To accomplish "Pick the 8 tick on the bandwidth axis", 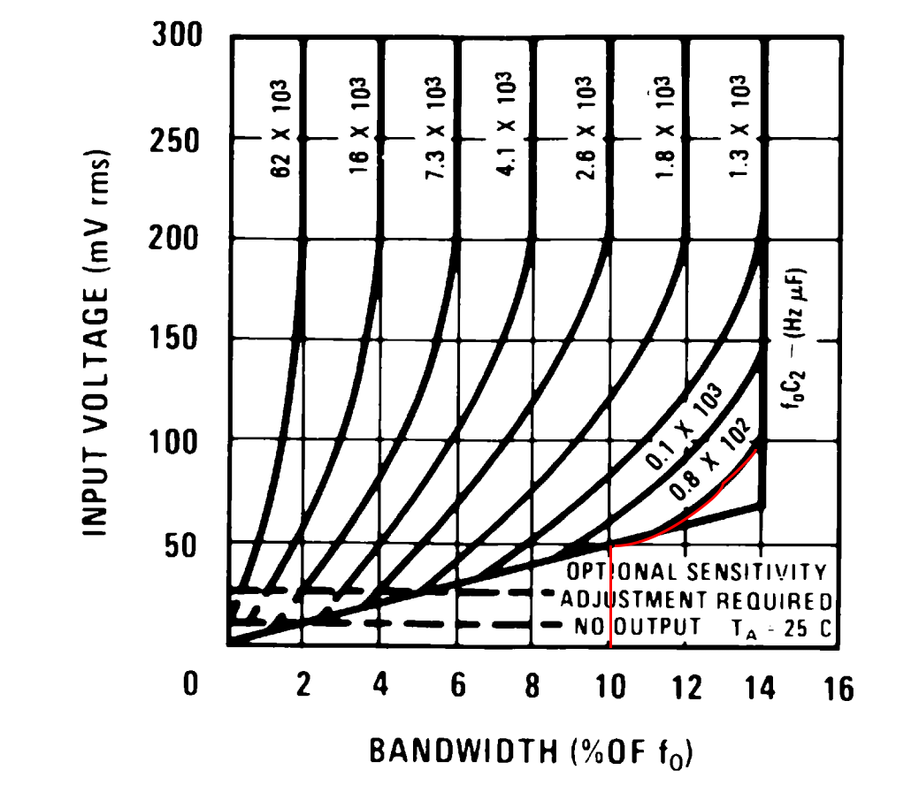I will point(532,687).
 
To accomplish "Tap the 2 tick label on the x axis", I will point(303,687).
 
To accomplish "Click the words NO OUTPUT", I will point(629,627).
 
